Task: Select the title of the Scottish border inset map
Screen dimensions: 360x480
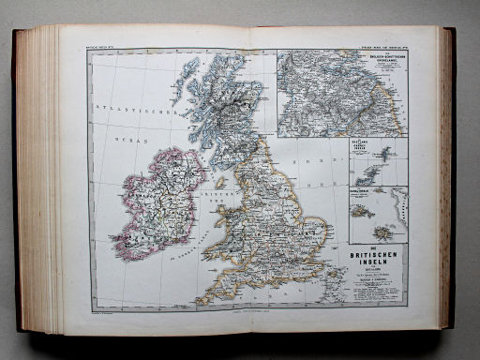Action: [382, 62]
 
